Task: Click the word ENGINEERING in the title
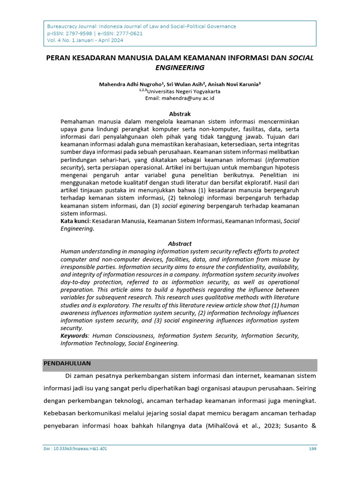click(x=180, y=67)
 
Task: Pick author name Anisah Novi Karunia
click(x=235, y=84)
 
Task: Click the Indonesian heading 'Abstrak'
click(x=180, y=114)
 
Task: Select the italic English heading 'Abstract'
click(x=180, y=244)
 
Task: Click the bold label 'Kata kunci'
click(x=75, y=221)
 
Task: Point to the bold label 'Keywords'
click(x=75, y=336)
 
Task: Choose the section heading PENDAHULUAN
click(x=67, y=364)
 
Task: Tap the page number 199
click(x=312, y=449)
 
